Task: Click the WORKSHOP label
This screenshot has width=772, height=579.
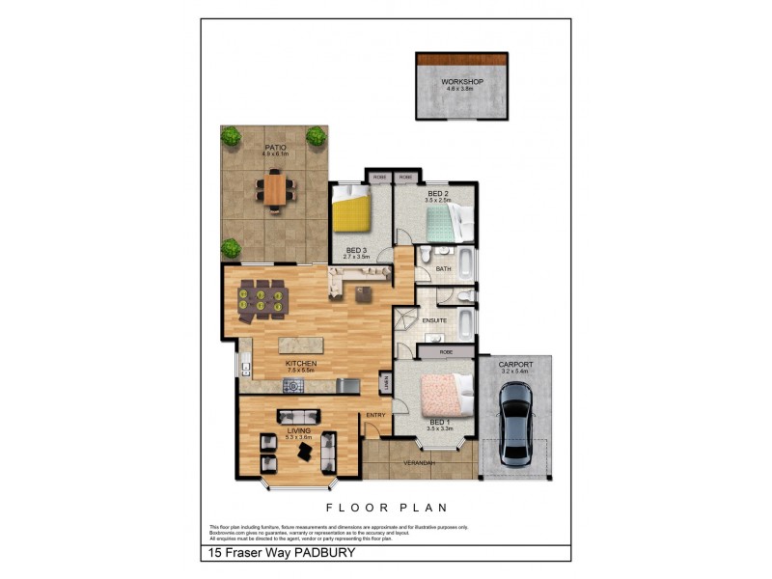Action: tap(461, 82)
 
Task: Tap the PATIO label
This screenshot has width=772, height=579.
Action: tap(275, 148)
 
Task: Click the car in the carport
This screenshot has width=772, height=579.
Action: tap(515, 421)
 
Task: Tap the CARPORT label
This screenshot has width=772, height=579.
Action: tap(515, 365)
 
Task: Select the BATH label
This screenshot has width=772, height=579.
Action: tap(443, 269)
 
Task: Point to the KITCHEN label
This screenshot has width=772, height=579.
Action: tap(301, 364)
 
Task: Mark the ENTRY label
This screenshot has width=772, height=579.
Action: tap(375, 416)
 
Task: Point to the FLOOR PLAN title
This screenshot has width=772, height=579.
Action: tap(385, 507)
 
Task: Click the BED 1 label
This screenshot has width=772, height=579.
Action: tap(439, 423)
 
